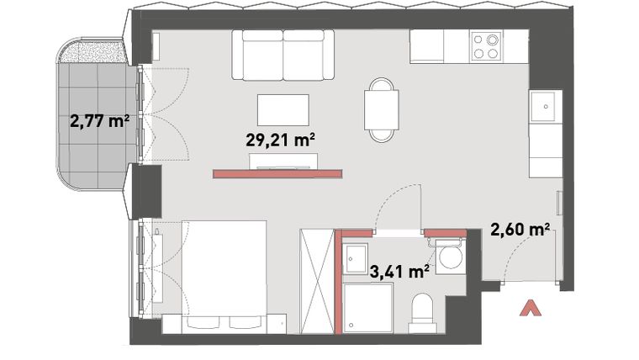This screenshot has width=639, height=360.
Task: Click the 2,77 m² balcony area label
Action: coord(98,121)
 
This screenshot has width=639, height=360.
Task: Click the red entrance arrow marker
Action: coord(530,308)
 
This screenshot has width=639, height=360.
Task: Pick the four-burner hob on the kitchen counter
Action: coord(485,46)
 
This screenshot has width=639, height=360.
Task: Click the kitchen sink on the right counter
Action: coord(546,106)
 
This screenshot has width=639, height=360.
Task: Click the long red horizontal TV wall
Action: coord(278,174)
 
